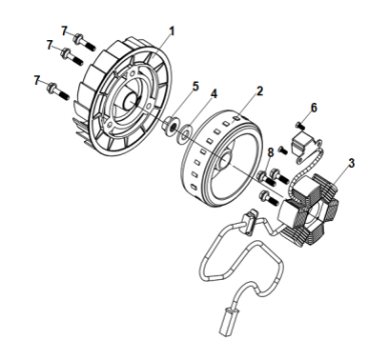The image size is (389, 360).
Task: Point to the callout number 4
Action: click(214, 94)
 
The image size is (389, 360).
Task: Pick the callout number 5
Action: click(195, 86)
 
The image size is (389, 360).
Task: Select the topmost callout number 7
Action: click(66, 32)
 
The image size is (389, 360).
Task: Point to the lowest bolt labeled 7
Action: click(54, 91)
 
